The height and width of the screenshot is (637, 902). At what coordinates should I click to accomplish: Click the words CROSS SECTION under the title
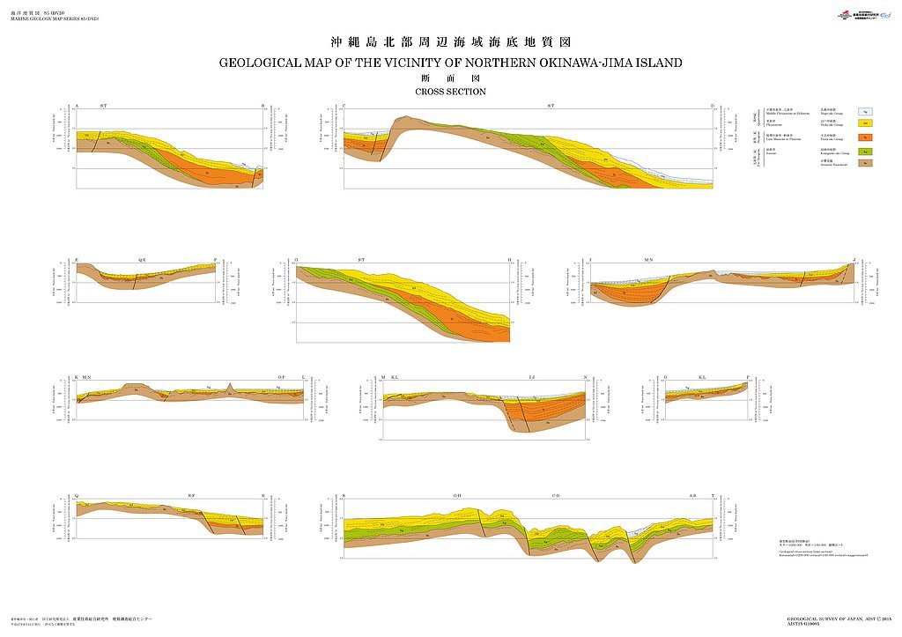click(x=450, y=92)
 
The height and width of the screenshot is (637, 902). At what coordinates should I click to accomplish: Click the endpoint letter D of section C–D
click(x=713, y=107)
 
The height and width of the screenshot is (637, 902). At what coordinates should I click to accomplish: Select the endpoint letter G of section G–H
click(x=297, y=260)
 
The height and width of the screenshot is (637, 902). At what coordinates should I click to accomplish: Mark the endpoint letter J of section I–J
click(x=854, y=260)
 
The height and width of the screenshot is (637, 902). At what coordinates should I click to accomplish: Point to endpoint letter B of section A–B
click(x=262, y=107)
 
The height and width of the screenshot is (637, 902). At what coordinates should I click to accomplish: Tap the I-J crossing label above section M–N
click(x=531, y=377)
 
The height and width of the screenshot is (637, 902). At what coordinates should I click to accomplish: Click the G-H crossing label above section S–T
click(x=457, y=496)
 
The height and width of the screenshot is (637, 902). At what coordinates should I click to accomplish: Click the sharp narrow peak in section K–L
click(x=230, y=388)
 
